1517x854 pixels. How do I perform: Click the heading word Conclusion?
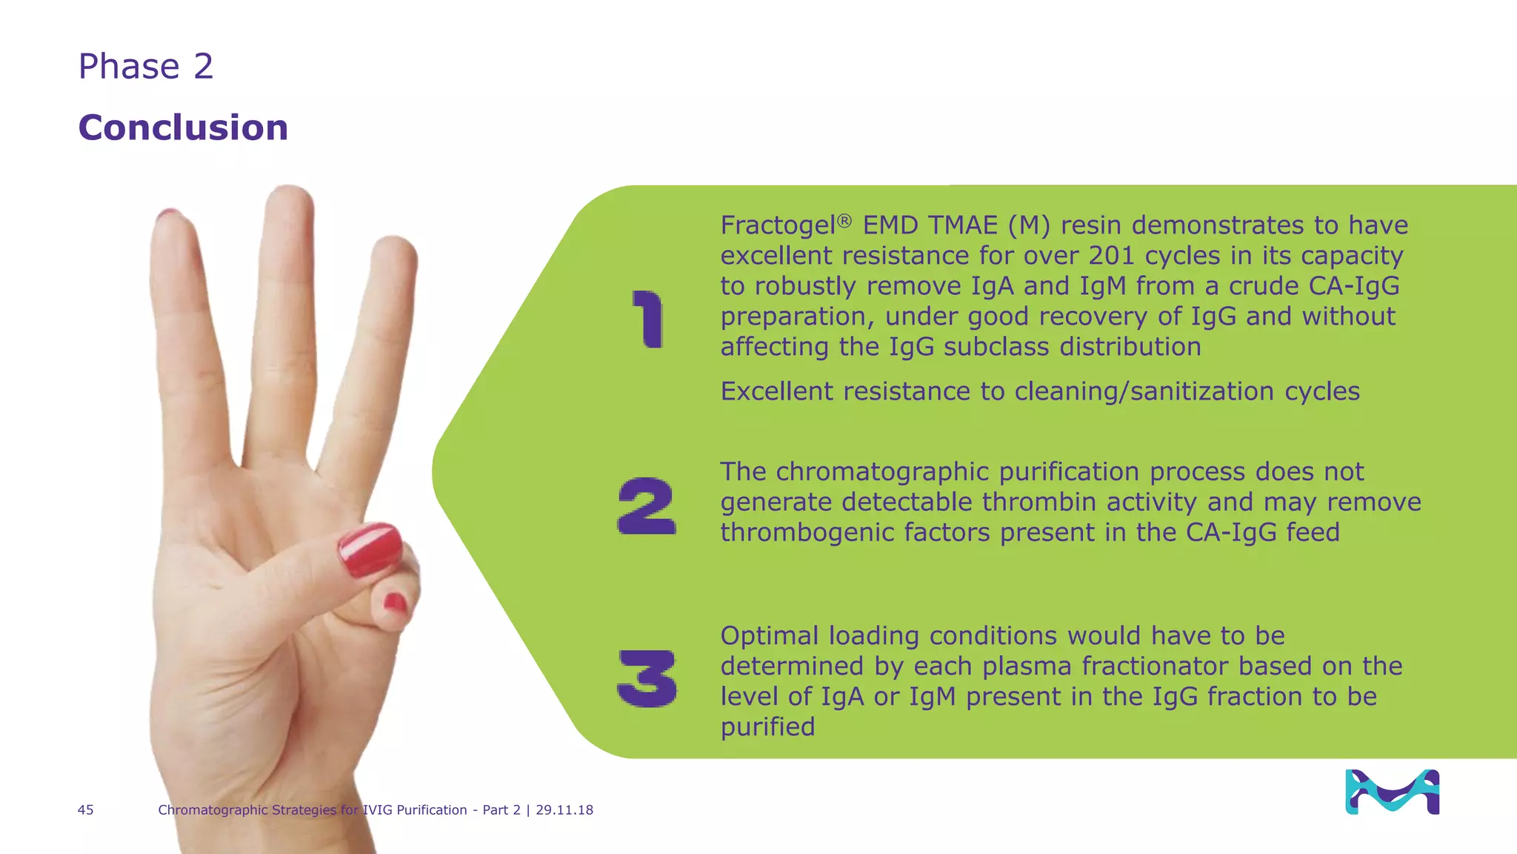click(183, 128)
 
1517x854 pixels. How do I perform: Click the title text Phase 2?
click(146, 67)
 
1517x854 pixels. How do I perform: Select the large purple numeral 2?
click(647, 506)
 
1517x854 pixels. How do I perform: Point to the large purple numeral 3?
click(647, 678)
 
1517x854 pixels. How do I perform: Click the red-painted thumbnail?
click(370, 549)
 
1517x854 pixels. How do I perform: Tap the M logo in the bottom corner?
click(1392, 792)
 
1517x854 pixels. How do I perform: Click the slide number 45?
click(85, 810)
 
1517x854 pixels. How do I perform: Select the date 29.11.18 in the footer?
click(564, 810)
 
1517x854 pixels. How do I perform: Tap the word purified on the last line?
click(767, 727)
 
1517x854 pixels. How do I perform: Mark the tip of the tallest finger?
click(289, 194)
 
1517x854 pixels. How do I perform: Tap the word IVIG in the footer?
click(377, 810)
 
